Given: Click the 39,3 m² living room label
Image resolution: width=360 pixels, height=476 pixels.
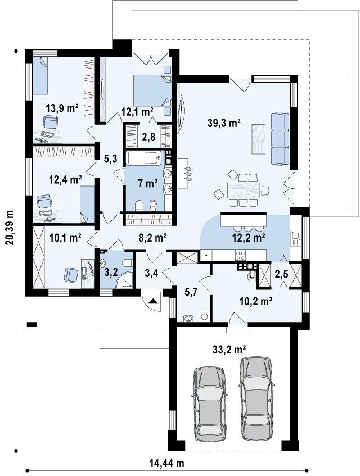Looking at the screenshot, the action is point(224,123).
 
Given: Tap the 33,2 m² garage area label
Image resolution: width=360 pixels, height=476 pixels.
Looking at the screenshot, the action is point(229,350).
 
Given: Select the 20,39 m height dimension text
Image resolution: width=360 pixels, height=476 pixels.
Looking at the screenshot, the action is point(10,227).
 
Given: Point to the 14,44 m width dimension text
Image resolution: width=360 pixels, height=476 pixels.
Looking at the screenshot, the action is point(167,463).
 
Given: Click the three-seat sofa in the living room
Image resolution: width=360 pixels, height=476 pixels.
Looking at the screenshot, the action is point(280,138).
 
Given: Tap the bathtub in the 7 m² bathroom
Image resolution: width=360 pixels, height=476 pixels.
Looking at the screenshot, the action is point(145,158).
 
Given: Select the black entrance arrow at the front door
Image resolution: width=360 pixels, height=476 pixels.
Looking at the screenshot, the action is point(153,301).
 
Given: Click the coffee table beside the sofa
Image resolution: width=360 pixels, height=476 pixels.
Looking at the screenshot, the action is point(259,139).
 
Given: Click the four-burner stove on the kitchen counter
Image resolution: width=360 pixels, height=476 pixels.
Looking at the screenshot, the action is point(241,255).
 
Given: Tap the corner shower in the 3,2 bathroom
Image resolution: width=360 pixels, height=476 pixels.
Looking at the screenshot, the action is point(126,280).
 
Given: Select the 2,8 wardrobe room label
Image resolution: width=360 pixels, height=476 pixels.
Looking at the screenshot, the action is point(149,137).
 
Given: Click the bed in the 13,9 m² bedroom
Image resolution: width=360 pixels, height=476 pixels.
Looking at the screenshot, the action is point(40,76).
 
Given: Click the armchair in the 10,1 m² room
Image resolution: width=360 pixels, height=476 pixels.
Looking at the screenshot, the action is point(71,274).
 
